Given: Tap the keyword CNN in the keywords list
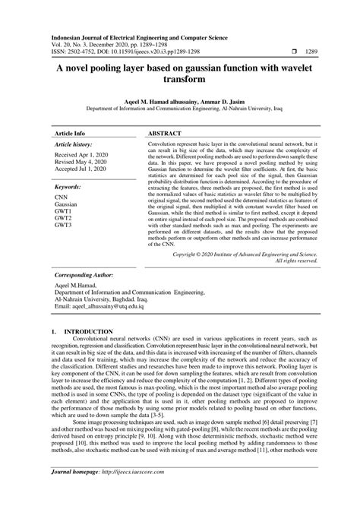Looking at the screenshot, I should tap(62, 196).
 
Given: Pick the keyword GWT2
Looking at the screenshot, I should tap(63, 218).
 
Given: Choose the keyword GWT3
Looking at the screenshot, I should tap(63, 226).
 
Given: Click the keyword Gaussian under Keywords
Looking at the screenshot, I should tap(67, 204).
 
